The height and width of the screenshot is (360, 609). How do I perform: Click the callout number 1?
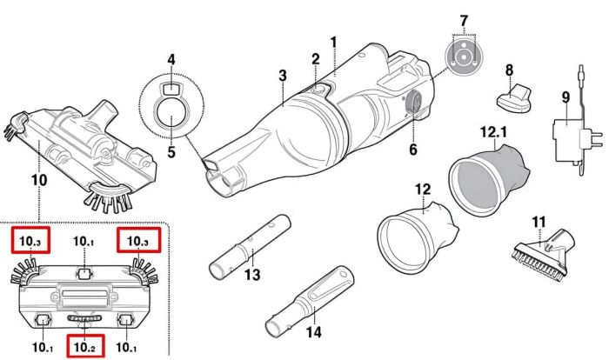pos(333,41)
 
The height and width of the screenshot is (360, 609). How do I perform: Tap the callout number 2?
pos(316,58)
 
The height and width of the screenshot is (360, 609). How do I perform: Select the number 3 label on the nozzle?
pos(283,76)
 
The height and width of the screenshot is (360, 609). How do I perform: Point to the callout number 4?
pos(171,59)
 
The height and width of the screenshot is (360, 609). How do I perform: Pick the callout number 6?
pos(412,150)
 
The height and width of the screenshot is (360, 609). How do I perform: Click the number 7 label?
pos(464,20)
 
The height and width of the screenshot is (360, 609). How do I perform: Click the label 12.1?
pos(492,132)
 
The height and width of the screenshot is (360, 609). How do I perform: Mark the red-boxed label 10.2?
pos(84,347)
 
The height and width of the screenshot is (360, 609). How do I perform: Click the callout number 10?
pos(38,180)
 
